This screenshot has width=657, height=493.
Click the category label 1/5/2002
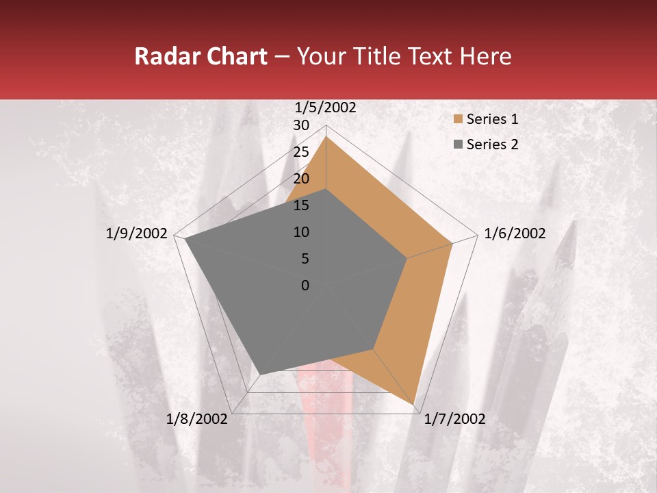(326, 107)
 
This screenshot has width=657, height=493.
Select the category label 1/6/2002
(515, 233)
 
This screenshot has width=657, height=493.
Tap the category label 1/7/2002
(454, 419)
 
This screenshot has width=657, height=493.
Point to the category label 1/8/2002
(197, 419)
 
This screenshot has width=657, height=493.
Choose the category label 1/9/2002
(137, 233)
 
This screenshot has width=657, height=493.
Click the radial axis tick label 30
(301, 125)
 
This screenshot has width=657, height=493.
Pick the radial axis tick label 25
(301, 152)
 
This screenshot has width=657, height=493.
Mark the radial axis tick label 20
(301, 179)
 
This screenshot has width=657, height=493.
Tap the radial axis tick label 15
(301, 205)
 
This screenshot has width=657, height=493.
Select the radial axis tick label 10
(301, 232)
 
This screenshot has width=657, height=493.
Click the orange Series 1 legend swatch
(458, 119)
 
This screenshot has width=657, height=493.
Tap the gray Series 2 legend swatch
(458, 144)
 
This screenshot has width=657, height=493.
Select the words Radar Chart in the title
(201, 56)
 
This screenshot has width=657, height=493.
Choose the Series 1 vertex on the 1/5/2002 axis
(326, 136)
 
